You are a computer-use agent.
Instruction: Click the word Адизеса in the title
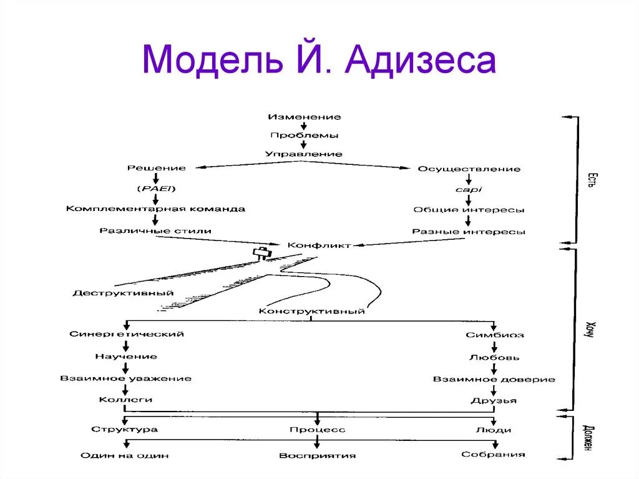(x=421, y=61)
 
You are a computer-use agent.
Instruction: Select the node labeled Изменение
(x=305, y=117)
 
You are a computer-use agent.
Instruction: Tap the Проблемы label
(x=305, y=135)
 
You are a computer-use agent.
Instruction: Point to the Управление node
(x=304, y=154)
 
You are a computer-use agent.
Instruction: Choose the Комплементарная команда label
(x=156, y=209)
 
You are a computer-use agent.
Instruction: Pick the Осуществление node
(x=469, y=169)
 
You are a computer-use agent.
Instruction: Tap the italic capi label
(x=469, y=189)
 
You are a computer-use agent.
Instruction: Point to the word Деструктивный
(x=123, y=292)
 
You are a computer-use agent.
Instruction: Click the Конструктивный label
(x=311, y=311)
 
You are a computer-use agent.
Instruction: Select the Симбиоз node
(x=494, y=335)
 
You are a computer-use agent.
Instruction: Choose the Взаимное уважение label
(x=126, y=378)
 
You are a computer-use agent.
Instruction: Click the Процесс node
(x=317, y=430)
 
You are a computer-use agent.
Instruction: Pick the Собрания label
(x=493, y=454)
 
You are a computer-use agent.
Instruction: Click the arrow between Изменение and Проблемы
(x=305, y=126)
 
